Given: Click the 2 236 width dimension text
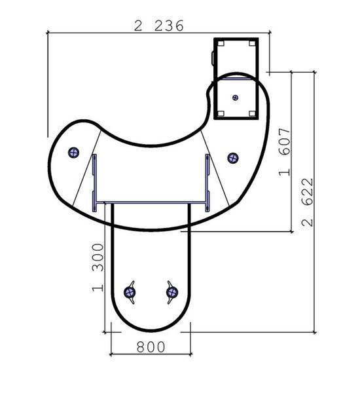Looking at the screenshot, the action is tap(159, 26).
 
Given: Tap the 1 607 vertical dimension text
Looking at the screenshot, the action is tap(285, 152).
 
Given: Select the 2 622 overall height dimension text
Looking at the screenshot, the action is tap(308, 202).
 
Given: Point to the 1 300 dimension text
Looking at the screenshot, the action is tap(98, 267).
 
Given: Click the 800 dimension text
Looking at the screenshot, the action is tap(151, 347).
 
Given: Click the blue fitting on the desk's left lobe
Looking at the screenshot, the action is tap(74, 153).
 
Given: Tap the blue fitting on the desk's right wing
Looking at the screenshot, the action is tap(233, 158).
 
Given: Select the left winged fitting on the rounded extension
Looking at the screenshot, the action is tap(130, 292).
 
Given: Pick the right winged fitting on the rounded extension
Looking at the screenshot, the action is tap(172, 292).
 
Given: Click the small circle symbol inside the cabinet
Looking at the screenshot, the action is tap(235, 98).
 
